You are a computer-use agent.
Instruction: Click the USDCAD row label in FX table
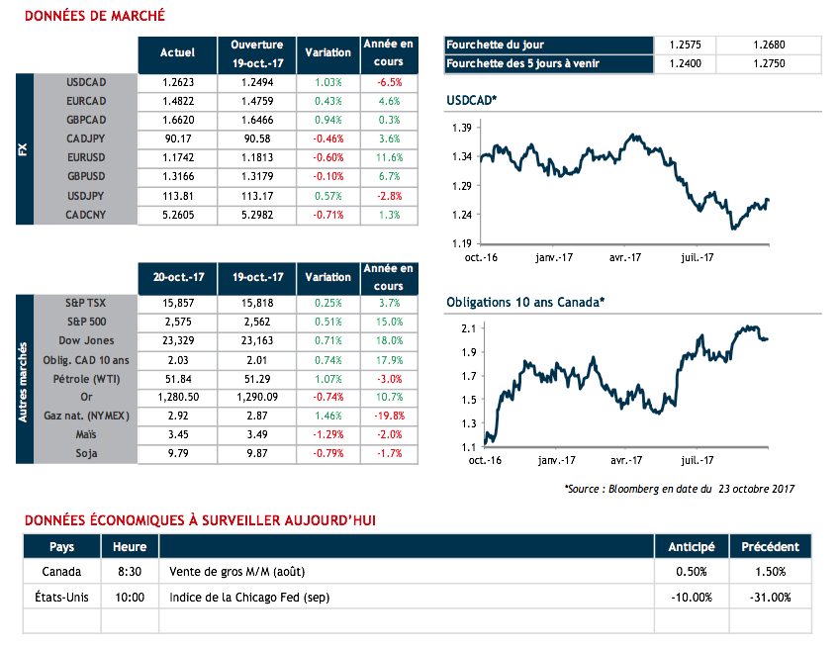coord(86,83)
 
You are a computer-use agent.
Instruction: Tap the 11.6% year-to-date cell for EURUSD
coord(388,156)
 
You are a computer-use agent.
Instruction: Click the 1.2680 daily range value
coord(767,45)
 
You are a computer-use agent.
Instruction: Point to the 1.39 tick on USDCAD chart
coord(460,129)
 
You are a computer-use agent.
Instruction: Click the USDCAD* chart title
coord(472,101)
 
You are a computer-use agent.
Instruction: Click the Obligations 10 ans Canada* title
coord(525,302)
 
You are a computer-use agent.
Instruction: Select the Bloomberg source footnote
coord(679,489)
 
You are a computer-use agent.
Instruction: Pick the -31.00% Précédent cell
coord(771,597)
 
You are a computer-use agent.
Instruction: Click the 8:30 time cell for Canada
coord(130,571)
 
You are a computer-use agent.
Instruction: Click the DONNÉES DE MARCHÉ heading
coord(94,16)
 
